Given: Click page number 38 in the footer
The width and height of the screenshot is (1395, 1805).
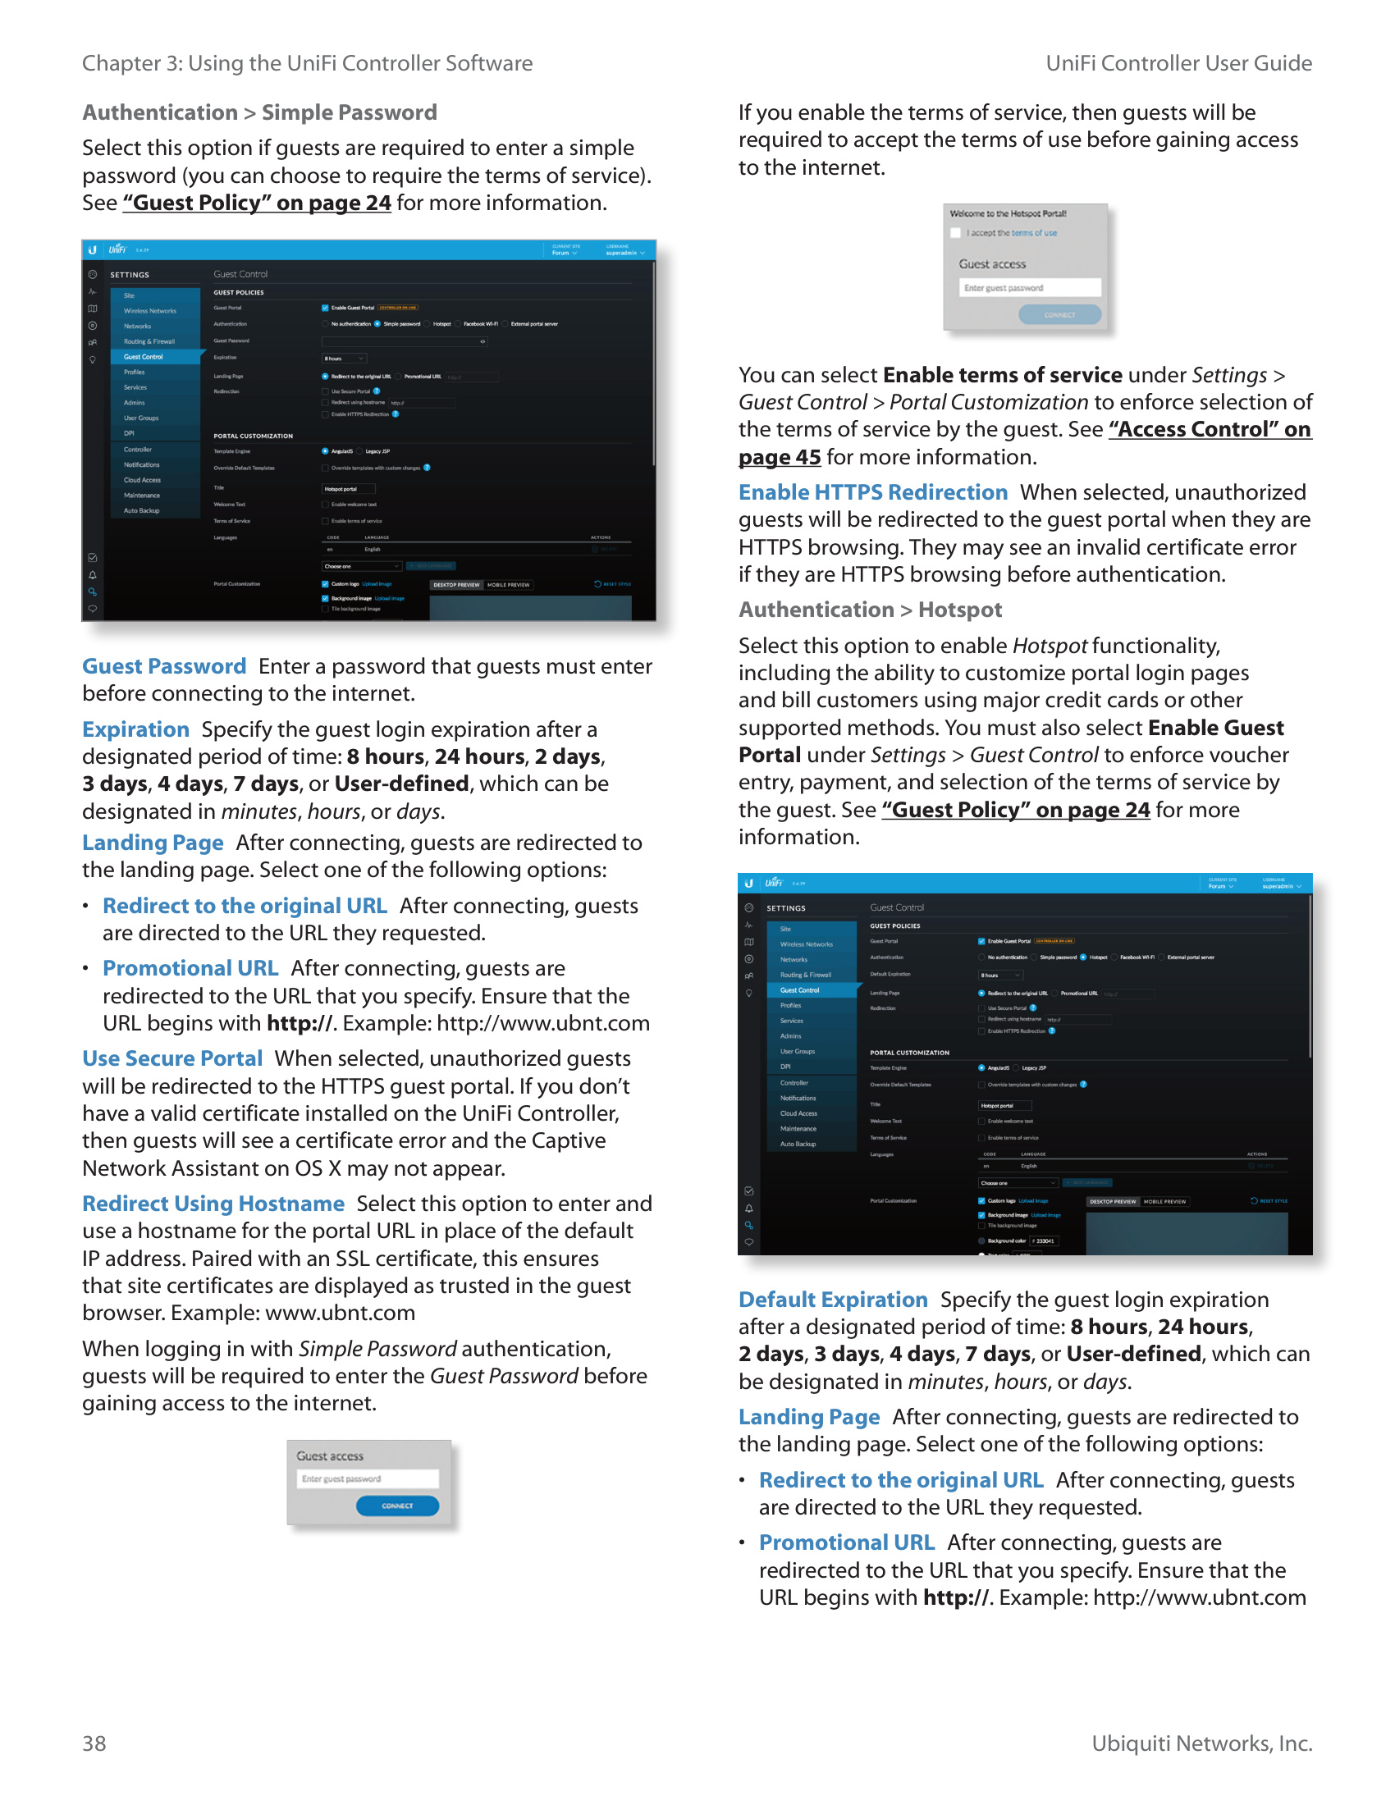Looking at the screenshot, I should [94, 1743].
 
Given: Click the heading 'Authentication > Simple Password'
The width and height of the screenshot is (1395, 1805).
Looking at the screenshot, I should [259, 112].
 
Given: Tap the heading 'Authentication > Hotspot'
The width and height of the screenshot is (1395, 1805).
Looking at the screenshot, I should [869, 610].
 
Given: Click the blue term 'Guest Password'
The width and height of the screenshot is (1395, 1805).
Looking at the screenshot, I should [163, 666].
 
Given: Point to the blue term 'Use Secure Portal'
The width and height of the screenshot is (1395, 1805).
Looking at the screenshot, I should [172, 1058].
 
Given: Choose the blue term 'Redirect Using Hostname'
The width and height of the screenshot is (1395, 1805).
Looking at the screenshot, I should [213, 1204].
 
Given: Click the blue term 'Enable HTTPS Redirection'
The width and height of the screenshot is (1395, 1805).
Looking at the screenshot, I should [873, 492].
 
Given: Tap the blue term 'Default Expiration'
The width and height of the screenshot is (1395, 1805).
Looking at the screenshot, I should [832, 1300].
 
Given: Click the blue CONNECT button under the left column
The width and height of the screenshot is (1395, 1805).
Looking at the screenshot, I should [396, 1506].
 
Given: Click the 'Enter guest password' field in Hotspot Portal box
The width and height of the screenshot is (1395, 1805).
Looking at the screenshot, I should [1030, 288].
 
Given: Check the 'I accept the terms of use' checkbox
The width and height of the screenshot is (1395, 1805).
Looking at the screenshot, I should [956, 233].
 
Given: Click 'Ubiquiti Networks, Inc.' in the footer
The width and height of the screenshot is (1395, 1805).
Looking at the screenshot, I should [1201, 1743].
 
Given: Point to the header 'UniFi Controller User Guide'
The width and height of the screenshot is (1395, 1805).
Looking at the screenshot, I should [1178, 64].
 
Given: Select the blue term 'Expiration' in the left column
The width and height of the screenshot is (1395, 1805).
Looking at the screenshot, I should [135, 729].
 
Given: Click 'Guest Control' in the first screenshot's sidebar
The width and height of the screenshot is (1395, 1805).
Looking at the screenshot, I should [144, 357].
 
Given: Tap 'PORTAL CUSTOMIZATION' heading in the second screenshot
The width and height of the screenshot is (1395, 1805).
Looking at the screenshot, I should [909, 1053].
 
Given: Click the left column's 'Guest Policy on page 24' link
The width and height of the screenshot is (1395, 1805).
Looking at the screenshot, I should [257, 203].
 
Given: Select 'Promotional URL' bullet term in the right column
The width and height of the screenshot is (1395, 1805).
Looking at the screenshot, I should [846, 1543].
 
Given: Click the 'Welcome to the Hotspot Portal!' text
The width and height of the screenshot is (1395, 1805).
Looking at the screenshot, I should [1008, 213].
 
